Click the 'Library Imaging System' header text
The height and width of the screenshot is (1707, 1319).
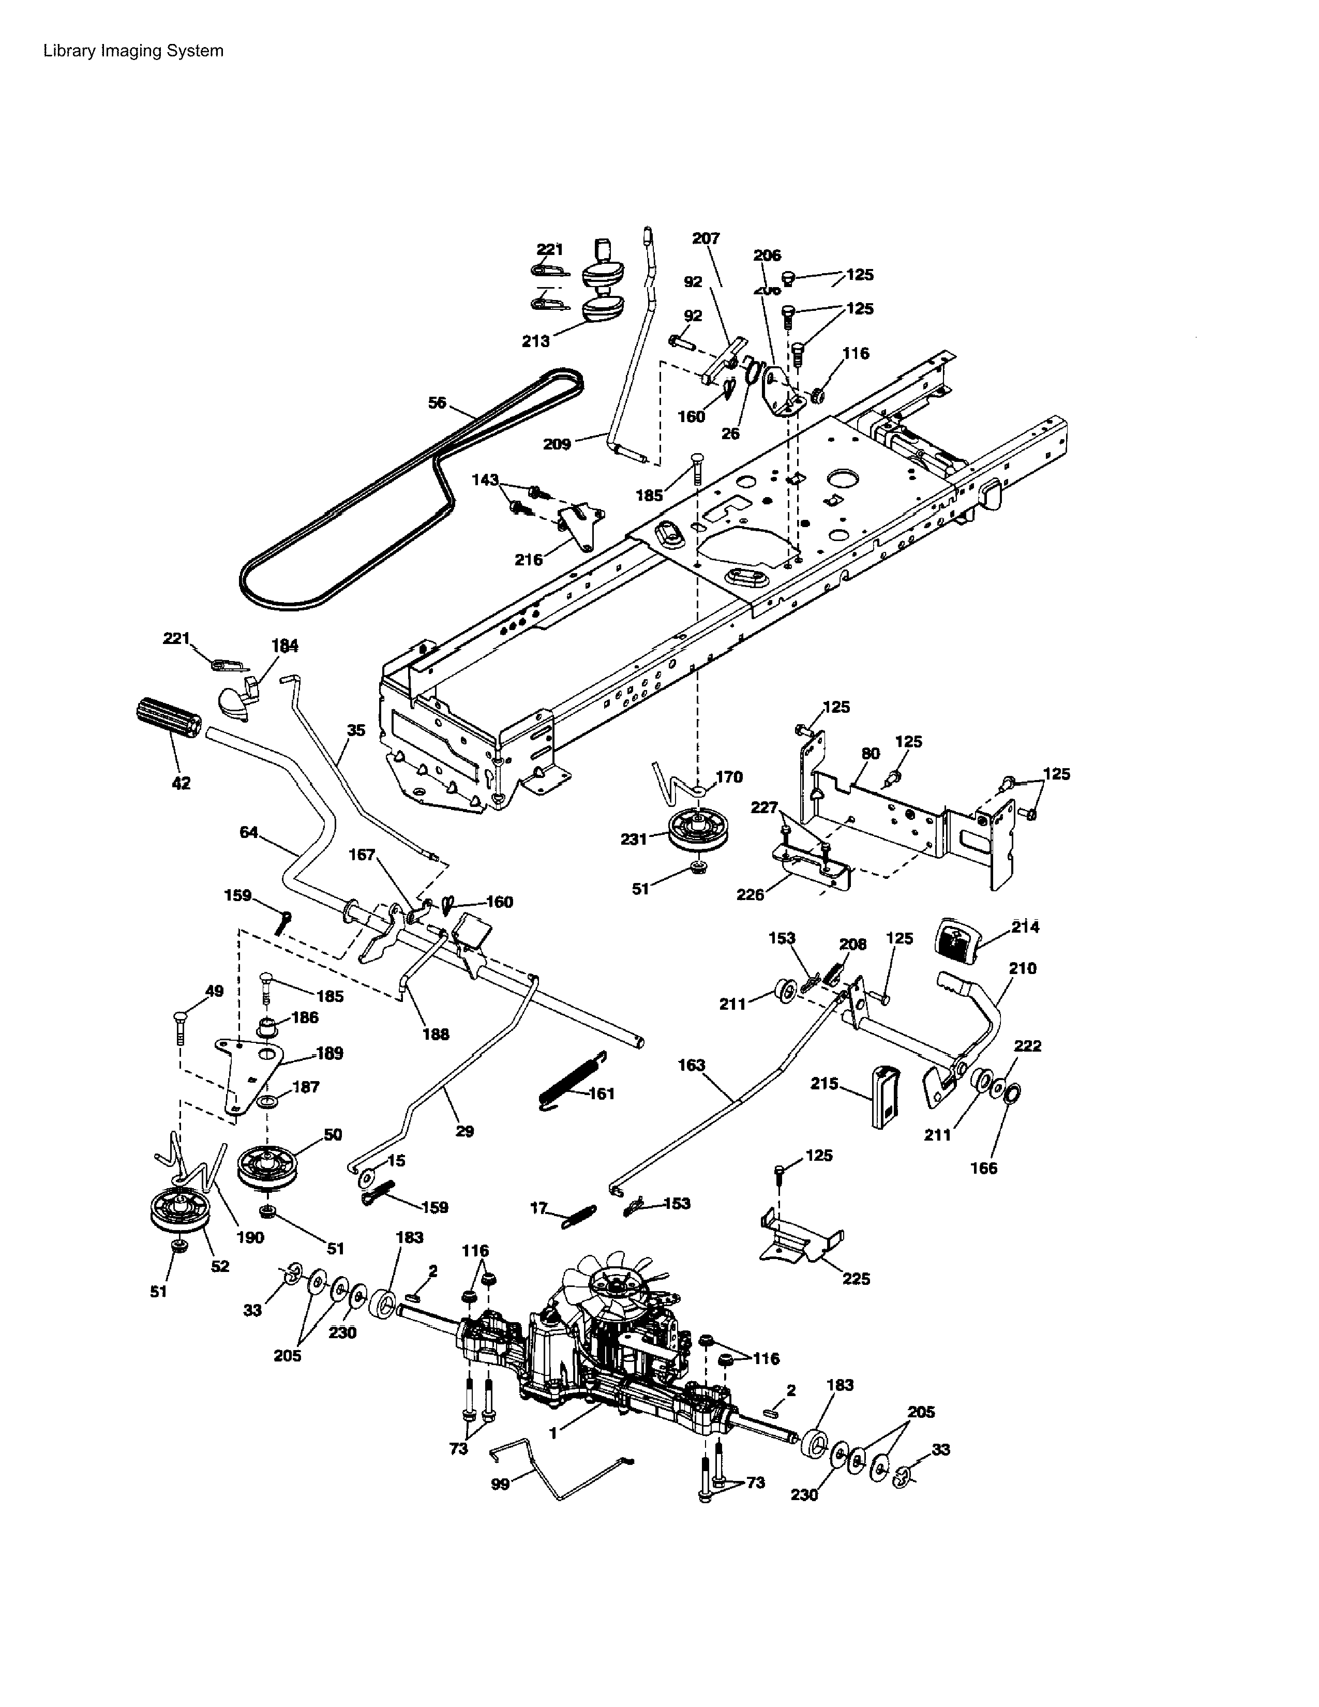pyautogui.click(x=133, y=51)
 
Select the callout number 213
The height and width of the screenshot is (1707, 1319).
pyautogui.click(x=535, y=341)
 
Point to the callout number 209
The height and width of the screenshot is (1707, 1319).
pyautogui.click(x=557, y=444)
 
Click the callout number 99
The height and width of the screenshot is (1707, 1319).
pyautogui.click(x=500, y=1484)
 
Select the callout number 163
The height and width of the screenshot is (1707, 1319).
pyautogui.click(x=692, y=1065)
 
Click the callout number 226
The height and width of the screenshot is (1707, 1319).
pyautogui.click(x=750, y=895)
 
